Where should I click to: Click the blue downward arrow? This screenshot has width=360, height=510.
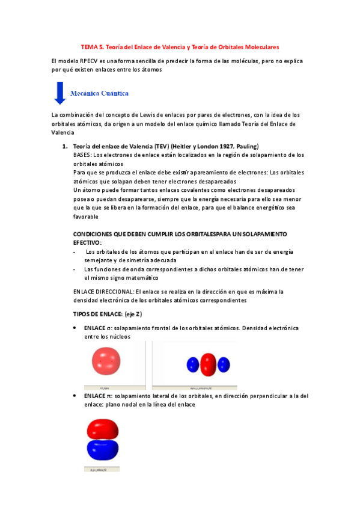59,93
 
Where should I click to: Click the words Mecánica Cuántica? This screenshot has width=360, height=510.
99,93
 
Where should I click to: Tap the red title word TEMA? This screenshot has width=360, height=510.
89,46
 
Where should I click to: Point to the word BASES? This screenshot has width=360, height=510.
83,155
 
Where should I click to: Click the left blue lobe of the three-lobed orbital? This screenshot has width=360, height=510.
192,363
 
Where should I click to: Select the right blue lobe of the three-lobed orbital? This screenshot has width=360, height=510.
224,363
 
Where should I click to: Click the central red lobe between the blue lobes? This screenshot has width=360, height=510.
208,363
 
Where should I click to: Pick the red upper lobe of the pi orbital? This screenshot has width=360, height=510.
103,429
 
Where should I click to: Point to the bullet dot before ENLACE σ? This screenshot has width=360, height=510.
73,328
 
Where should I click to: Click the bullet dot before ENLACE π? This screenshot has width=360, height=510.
73,396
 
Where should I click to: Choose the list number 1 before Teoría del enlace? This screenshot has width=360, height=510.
65,146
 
